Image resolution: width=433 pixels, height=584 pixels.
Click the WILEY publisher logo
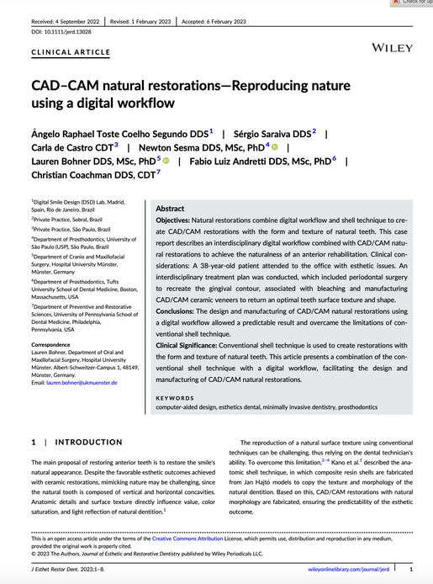coord(383,39)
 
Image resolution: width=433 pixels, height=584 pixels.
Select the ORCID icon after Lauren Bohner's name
coord(166,160)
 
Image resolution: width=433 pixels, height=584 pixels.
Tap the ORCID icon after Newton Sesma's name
coord(274,146)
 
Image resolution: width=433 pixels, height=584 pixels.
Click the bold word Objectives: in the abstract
coord(177,220)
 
